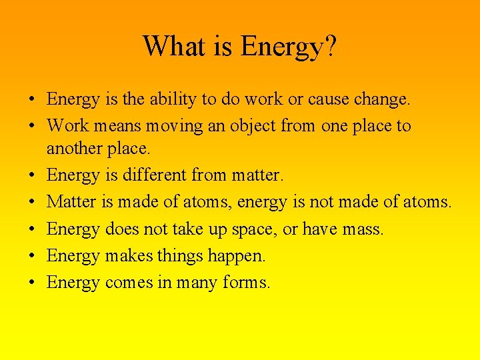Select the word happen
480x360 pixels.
pyautogui.click(x=237, y=256)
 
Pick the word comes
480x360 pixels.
pyautogui.click(x=128, y=283)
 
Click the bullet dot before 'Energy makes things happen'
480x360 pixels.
pyautogui.click(x=32, y=256)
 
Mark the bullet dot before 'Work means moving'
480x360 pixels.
pyautogui.click(x=32, y=126)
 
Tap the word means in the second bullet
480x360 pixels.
pyautogui.click(x=109, y=126)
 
